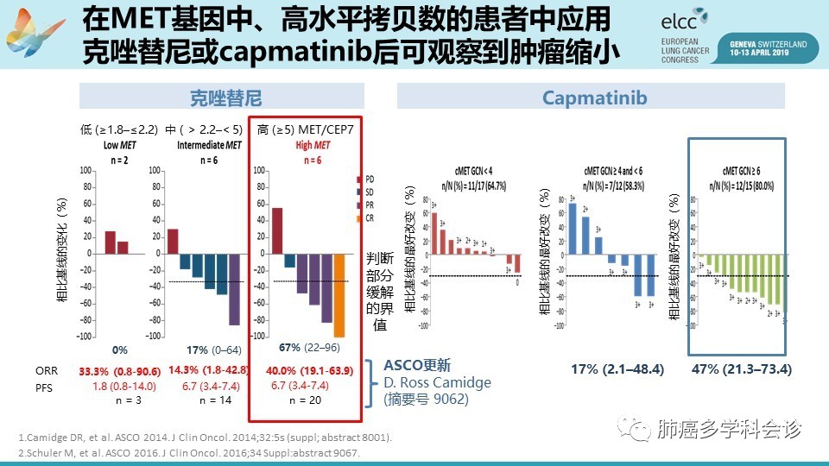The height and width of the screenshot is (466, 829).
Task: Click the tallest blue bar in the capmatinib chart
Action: [573, 227]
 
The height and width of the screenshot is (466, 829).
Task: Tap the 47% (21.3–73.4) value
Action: [742, 369]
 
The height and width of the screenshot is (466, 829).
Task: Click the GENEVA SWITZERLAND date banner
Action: [768, 46]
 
